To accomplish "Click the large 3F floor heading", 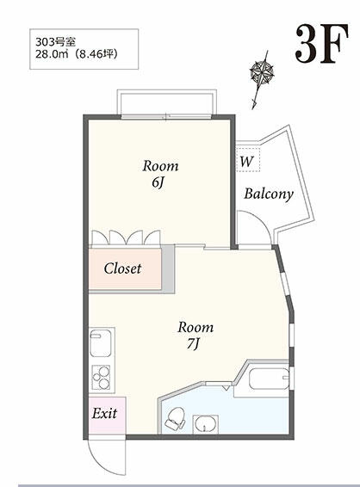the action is coord(321,44).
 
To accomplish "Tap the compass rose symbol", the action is coord(262,72).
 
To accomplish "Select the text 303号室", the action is coord(55,41).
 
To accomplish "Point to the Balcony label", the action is coord(269,194).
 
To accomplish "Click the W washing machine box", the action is coord(248,160).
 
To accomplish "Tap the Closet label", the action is coord(122,268).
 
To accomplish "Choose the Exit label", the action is coord(104,413).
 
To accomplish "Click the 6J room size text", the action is coord(158,182).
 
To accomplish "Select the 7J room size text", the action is coord(193,344).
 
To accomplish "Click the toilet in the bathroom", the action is coord(175,419).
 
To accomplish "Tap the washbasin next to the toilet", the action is coord(205,424).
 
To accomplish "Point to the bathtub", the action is coord(270,379).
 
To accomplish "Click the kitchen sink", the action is coord(101,343).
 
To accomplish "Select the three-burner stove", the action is coord(101,378).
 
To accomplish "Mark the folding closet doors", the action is coord(127,237).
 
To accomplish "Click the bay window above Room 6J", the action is coord(166,103).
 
